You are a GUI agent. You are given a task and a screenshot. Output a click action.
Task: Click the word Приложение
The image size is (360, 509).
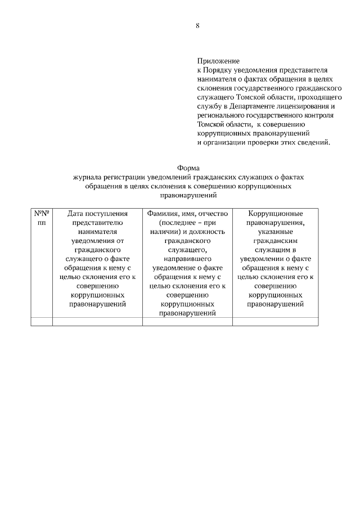[218, 61]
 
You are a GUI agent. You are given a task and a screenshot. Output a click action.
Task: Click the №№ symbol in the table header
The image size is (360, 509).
[42, 214]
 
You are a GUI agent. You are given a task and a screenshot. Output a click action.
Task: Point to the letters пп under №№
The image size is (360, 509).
[42, 223]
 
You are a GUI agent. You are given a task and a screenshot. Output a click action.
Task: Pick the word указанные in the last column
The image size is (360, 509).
[275, 232]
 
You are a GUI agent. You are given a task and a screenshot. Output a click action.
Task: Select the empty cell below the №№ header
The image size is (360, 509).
[42, 321]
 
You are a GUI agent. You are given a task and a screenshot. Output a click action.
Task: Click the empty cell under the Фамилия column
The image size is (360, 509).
[187, 321]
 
